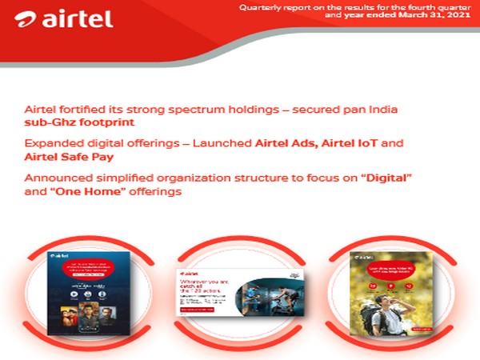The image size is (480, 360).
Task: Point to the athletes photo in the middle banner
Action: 272,296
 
